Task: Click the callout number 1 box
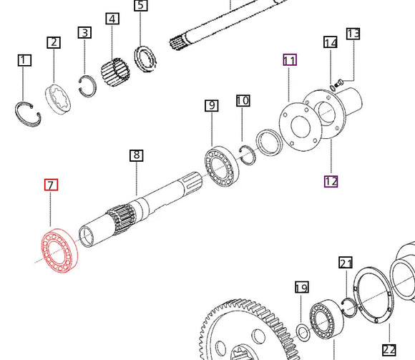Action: click(24, 61)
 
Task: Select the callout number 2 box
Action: click(54, 42)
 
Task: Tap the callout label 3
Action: click(85, 32)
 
